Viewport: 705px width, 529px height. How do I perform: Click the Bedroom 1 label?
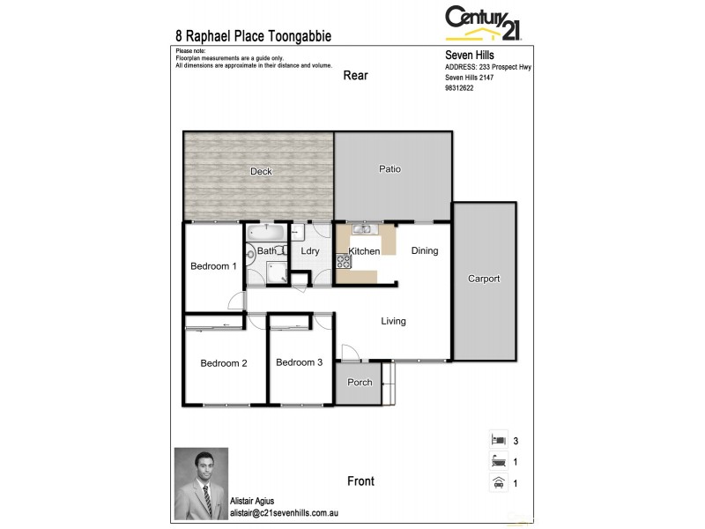click(213, 266)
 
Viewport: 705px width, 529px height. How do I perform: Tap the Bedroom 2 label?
click(223, 363)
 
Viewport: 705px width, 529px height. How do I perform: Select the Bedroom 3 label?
click(299, 362)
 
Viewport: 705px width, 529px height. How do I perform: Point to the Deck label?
click(261, 171)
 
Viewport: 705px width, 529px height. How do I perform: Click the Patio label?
click(390, 168)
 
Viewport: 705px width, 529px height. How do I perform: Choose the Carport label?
click(484, 279)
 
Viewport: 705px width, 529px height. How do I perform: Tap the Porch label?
click(360, 383)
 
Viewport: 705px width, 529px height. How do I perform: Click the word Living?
click(393, 321)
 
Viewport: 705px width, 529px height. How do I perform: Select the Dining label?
click(425, 251)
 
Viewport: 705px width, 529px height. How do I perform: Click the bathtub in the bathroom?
click(265, 234)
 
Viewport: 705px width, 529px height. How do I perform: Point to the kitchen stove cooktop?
click(343, 260)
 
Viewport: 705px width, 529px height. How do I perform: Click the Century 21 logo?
click(483, 23)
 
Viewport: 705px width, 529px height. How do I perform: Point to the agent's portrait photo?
click(201, 483)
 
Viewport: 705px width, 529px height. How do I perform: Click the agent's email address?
click(286, 512)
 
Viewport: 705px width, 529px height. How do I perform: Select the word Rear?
click(355, 76)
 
